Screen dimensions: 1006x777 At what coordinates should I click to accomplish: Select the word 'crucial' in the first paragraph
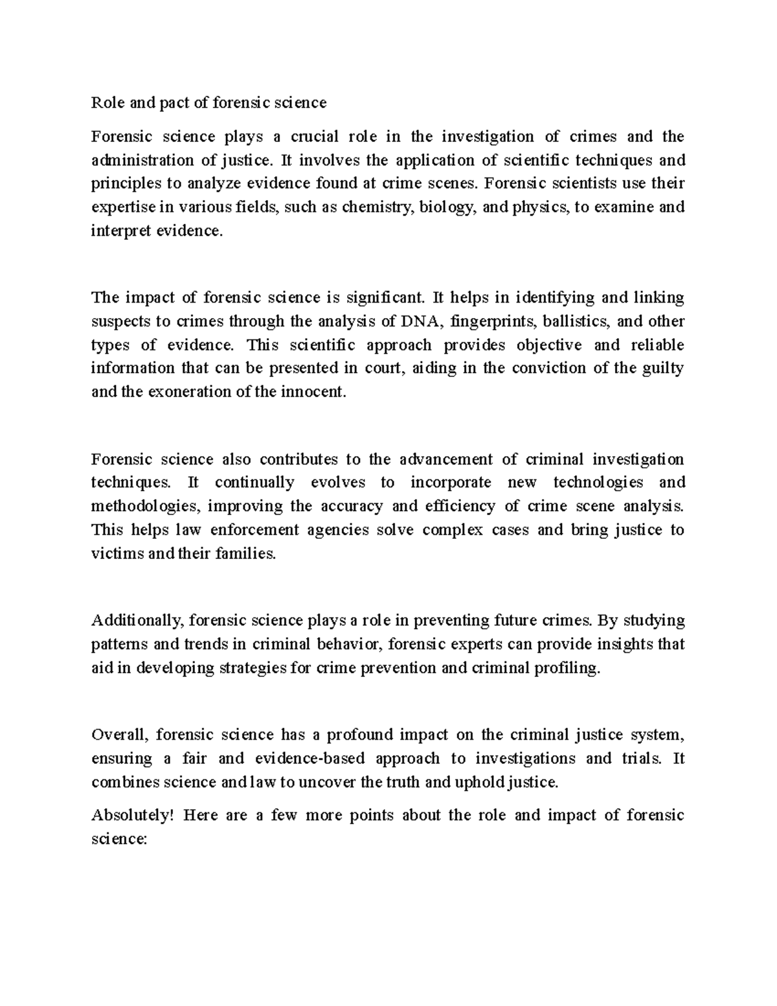pos(314,137)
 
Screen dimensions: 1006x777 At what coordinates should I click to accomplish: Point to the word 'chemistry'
pos(376,208)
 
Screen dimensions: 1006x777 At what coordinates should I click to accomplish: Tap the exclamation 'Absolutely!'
pos(133,816)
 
